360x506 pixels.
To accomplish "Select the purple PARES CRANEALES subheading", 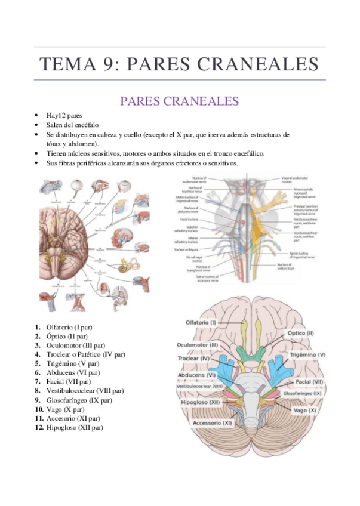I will point(179,101).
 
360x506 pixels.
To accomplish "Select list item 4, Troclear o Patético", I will point(85,354).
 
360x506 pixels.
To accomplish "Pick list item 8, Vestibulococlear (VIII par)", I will point(85,391).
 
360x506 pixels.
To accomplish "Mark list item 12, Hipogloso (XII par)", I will point(74,427).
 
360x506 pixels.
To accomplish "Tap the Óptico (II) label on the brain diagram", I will point(300,333).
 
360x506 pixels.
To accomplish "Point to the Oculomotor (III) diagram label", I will point(198,345).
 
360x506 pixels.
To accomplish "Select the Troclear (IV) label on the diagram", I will point(193,359).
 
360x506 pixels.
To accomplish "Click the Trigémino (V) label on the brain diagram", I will point(308,354).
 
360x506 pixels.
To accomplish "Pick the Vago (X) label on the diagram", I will point(304,410).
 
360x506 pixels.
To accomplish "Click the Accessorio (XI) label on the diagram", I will point(212,423).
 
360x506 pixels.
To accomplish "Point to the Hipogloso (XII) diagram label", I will point(199,403).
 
